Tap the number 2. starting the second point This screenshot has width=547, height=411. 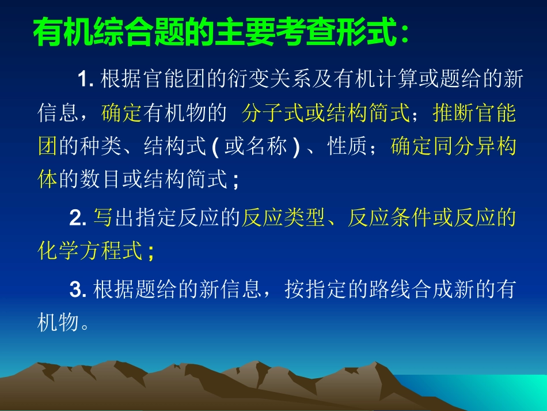77,218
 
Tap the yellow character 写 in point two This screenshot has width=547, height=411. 102,218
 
